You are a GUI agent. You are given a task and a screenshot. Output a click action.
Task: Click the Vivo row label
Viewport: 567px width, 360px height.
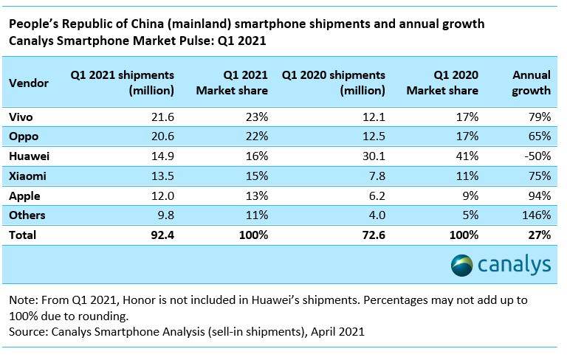click(x=21, y=117)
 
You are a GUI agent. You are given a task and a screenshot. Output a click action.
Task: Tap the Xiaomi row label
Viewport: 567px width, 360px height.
click(x=27, y=176)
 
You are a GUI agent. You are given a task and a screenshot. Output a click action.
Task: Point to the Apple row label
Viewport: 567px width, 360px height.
click(x=24, y=196)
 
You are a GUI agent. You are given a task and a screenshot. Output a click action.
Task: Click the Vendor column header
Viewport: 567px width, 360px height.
click(x=29, y=83)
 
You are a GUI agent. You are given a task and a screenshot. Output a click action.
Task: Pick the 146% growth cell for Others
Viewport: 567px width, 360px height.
click(x=536, y=215)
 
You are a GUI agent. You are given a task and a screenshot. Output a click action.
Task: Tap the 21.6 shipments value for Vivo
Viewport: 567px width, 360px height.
click(x=161, y=117)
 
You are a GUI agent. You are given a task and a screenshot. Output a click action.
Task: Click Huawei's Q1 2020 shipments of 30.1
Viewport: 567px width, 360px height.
click(x=373, y=156)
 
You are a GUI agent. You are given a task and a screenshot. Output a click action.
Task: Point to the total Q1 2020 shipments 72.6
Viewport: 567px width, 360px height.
click(x=372, y=235)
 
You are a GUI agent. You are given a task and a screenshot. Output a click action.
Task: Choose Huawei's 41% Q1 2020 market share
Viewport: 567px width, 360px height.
click(x=467, y=156)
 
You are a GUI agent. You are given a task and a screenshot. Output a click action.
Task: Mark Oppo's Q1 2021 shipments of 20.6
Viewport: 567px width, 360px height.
click(x=161, y=136)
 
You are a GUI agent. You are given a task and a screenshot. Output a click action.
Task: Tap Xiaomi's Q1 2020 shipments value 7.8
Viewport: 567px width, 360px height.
click(x=376, y=176)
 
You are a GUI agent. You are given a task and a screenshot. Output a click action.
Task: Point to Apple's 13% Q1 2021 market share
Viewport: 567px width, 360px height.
click(x=255, y=196)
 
